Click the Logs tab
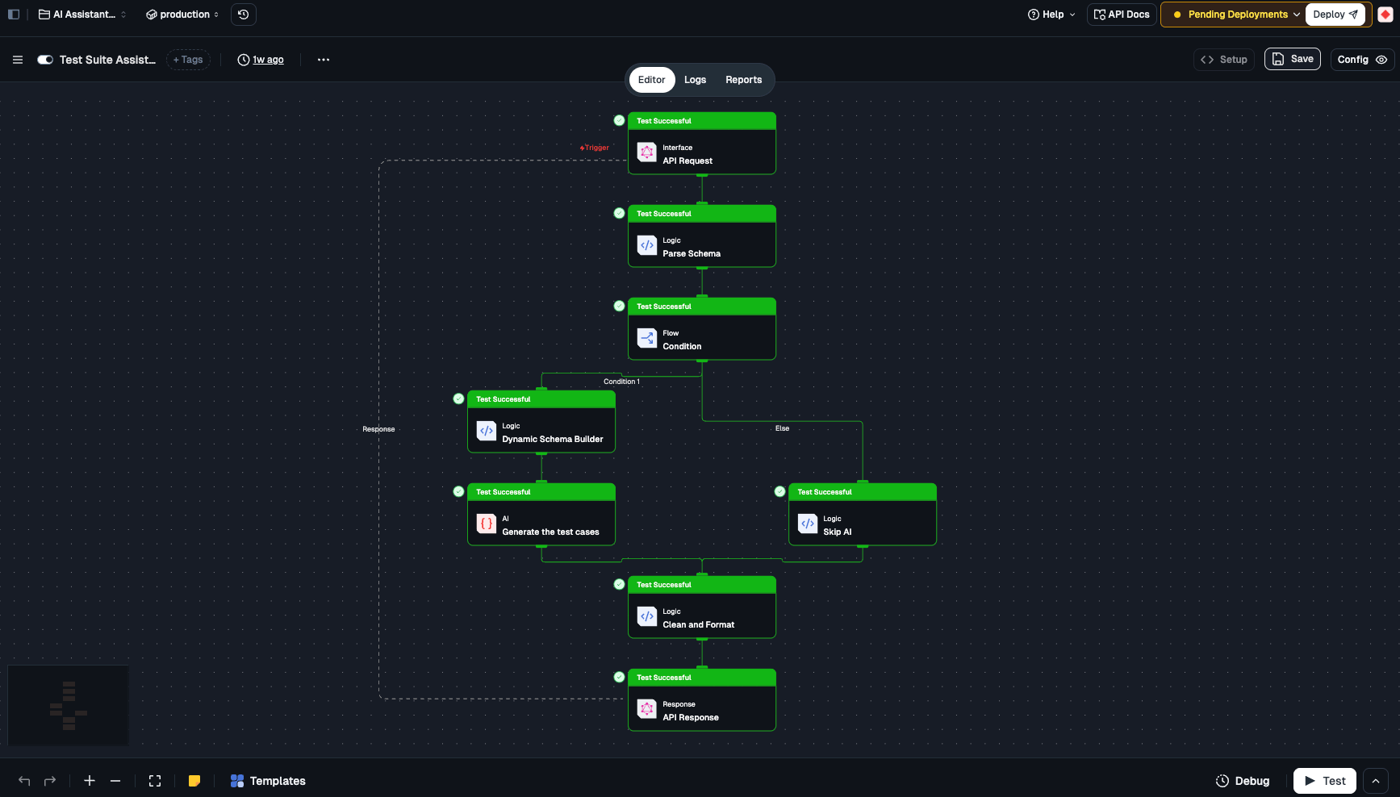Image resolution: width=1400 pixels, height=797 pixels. pyautogui.click(x=695, y=80)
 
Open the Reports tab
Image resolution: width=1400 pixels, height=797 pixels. pyautogui.click(x=743, y=80)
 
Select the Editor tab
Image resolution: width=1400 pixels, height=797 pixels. pyautogui.click(x=651, y=80)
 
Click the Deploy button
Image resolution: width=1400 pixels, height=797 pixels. pyautogui.click(x=1335, y=15)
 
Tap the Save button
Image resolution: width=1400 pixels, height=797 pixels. pyautogui.click(x=1293, y=59)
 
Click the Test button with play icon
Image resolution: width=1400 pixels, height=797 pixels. pyautogui.click(x=1324, y=781)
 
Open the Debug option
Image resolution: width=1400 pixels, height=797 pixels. pyautogui.click(x=1243, y=781)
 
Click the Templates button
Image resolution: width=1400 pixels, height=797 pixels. pyautogui.click(x=268, y=781)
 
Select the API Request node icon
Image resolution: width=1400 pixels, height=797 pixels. pyautogui.click(x=647, y=152)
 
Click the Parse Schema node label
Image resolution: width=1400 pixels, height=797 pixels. pyautogui.click(x=692, y=253)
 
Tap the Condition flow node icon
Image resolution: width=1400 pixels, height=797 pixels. pyautogui.click(x=647, y=337)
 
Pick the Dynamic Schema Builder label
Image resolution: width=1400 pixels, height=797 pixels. pyautogui.click(x=553, y=439)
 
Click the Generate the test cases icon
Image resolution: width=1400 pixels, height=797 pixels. pyautogui.click(x=487, y=523)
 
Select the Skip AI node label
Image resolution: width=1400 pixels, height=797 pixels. pyautogui.click(x=838, y=532)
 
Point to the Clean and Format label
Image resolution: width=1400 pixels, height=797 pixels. pyautogui.click(x=699, y=624)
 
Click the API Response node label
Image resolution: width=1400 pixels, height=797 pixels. pyautogui.click(x=691, y=717)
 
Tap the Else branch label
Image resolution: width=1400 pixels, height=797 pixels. pyautogui.click(x=782, y=428)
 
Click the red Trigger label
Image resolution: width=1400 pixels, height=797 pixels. pyautogui.click(x=595, y=148)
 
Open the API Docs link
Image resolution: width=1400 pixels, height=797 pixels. pyautogui.click(x=1122, y=15)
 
